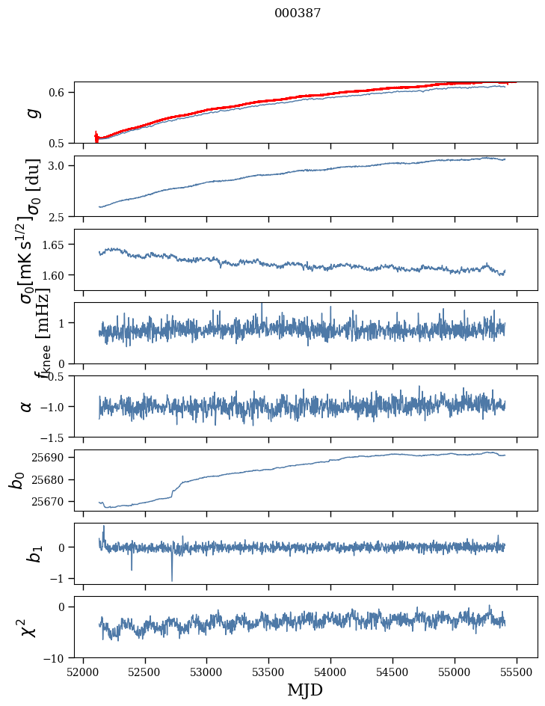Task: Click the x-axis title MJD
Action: pyautogui.click(x=305, y=690)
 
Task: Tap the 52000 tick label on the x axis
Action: pyautogui.click(x=83, y=672)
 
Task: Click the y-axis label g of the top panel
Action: pyautogui.click(x=31, y=113)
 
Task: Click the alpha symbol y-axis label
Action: pyautogui.click(x=27, y=406)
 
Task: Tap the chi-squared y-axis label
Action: pyautogui.click(x=28, y=627)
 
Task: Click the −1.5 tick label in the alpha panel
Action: pyautogui.click(x=55, y=437)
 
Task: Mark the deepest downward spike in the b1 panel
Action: pyautogui.click(x=172, y=580)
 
